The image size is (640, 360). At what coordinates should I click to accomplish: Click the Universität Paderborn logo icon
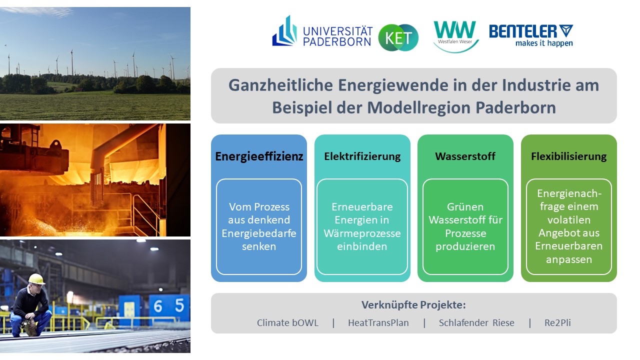coord(284,31)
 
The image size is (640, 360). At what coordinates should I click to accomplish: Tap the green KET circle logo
coord(398,37)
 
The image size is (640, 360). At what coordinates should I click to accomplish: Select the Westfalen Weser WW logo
coord(455,36)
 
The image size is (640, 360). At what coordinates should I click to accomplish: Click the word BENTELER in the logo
coord(523,31)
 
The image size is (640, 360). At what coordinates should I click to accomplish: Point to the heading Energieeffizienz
coord(259,156)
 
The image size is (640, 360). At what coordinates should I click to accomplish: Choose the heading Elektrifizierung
coord(362,156)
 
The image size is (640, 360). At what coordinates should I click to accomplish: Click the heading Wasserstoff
coord(465,156)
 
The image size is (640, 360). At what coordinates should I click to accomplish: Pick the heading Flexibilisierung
coord(568,156)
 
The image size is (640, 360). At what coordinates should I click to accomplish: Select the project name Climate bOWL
coord(287,323)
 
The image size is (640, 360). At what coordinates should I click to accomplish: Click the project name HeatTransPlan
coord(378,323)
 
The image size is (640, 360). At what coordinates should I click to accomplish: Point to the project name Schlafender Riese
coord(476,323)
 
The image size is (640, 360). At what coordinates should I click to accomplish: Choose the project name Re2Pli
coord(557,323)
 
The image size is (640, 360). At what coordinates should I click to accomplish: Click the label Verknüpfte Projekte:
coord(413,305)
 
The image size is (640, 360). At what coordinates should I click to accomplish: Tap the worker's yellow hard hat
coord(36,279)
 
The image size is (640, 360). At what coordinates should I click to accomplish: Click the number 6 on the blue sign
coord(158,306)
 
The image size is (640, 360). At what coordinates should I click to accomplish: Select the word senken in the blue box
coord(259,246)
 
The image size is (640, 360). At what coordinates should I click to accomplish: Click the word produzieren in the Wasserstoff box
coord(465,246)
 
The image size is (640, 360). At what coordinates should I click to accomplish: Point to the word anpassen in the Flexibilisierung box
coord(569,259)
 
